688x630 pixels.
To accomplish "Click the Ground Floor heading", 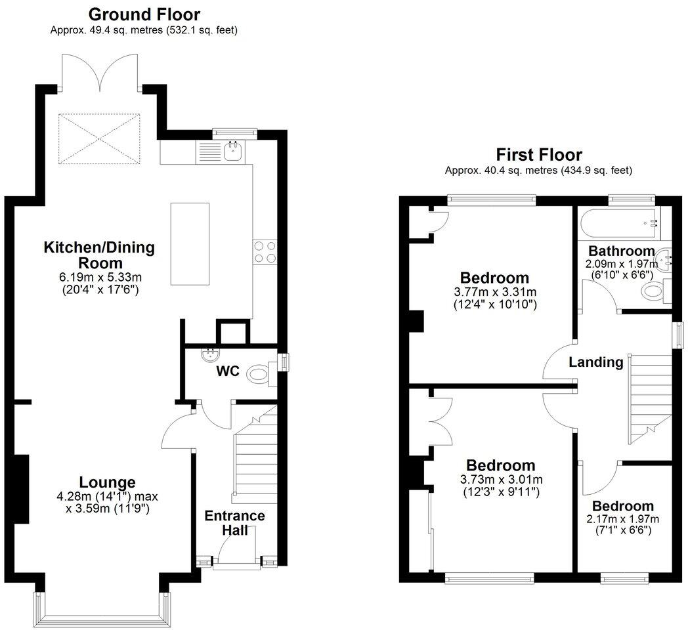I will [x=144, y=14].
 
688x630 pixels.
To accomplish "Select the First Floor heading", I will [x=538, y=155].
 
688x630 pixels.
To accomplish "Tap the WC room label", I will [x=228, y=371].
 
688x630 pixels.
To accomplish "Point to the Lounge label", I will [x=108, y=482].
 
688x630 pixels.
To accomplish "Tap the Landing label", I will [x=595, y=362].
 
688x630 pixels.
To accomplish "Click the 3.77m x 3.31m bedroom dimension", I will [x=494, y=292].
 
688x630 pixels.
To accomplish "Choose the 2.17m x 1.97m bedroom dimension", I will [x=622, y=519].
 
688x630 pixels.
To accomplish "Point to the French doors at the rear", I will [x=100, y=73].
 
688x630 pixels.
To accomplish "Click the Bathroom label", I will [x=620, y=251].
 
